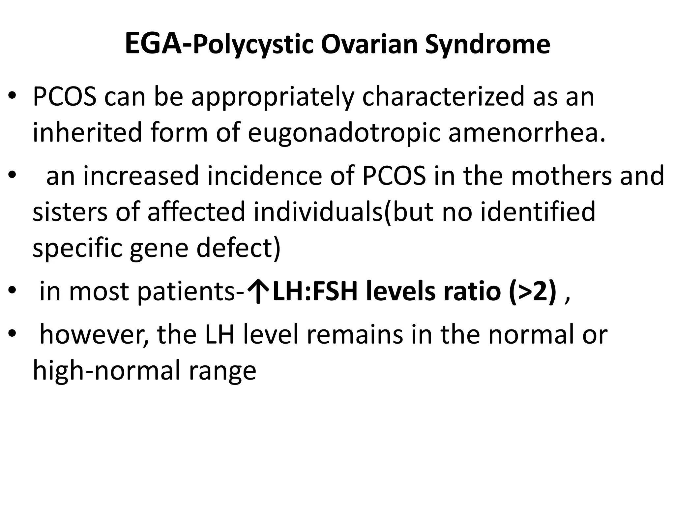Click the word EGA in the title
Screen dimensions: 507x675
coord(153,44)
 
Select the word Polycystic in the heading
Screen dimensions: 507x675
coord(253,46)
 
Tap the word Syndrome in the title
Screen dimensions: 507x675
coord(487,46)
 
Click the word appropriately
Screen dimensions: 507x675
coord(273,97)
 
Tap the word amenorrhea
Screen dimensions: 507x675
coord(527,133)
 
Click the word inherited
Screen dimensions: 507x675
coord(87,133)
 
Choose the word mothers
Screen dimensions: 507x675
coord(563,176)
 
